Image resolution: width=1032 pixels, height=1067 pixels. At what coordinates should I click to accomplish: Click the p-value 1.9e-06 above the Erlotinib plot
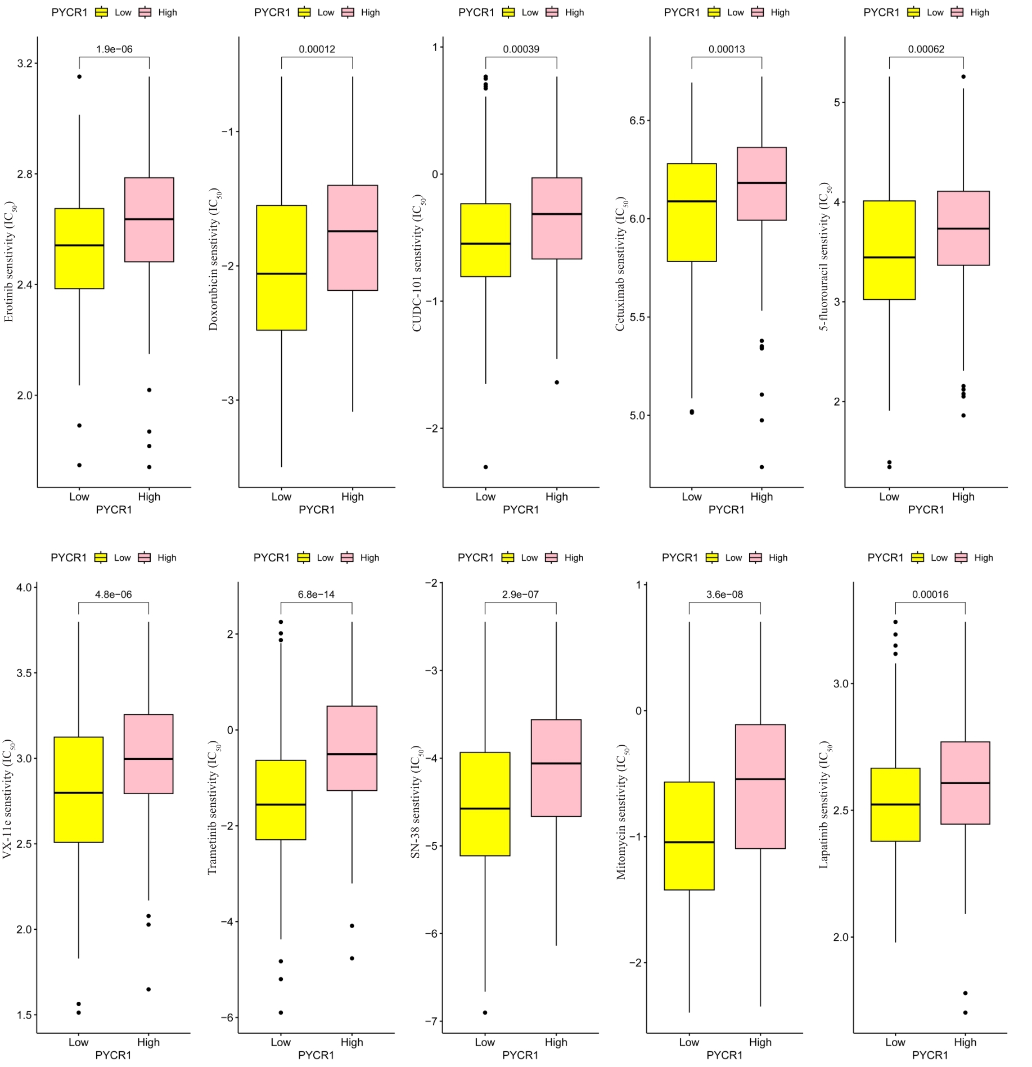coord(114,49)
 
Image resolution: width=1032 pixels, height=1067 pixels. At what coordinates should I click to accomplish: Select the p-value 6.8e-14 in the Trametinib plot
coord(316,595)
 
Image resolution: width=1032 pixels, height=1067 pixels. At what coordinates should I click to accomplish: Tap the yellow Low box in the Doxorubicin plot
coord(281,267)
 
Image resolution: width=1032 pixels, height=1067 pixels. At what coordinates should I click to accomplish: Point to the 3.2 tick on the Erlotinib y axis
coord(25,63)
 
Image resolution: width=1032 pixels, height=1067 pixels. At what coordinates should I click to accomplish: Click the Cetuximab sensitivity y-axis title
coord(620,264)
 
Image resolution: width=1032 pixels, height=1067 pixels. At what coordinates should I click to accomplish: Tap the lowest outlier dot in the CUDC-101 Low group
coord(485,467)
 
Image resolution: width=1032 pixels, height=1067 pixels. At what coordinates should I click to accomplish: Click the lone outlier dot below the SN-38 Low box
coord(485,1012)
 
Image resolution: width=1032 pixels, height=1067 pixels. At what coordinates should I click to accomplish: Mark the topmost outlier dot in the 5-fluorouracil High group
coord(963,76)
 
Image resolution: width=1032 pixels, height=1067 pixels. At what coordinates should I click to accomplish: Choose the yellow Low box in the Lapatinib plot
coord(895,804)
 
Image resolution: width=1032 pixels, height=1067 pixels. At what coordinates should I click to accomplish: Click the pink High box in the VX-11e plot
coord(148,754)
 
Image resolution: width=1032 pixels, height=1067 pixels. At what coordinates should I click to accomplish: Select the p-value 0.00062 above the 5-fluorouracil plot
coord(926,49)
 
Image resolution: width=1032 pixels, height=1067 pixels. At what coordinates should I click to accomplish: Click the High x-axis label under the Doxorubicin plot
coord(352,497)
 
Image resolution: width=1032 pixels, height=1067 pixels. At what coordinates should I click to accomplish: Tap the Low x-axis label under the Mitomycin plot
coord(689,1042)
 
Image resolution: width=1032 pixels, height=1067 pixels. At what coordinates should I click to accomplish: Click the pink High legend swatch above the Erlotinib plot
coord(145,12)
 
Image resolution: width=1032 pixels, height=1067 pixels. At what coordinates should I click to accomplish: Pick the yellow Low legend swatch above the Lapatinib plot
coord(917,557)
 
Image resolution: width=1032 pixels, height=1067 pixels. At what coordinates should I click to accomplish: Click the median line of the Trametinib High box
coord(352,754)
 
